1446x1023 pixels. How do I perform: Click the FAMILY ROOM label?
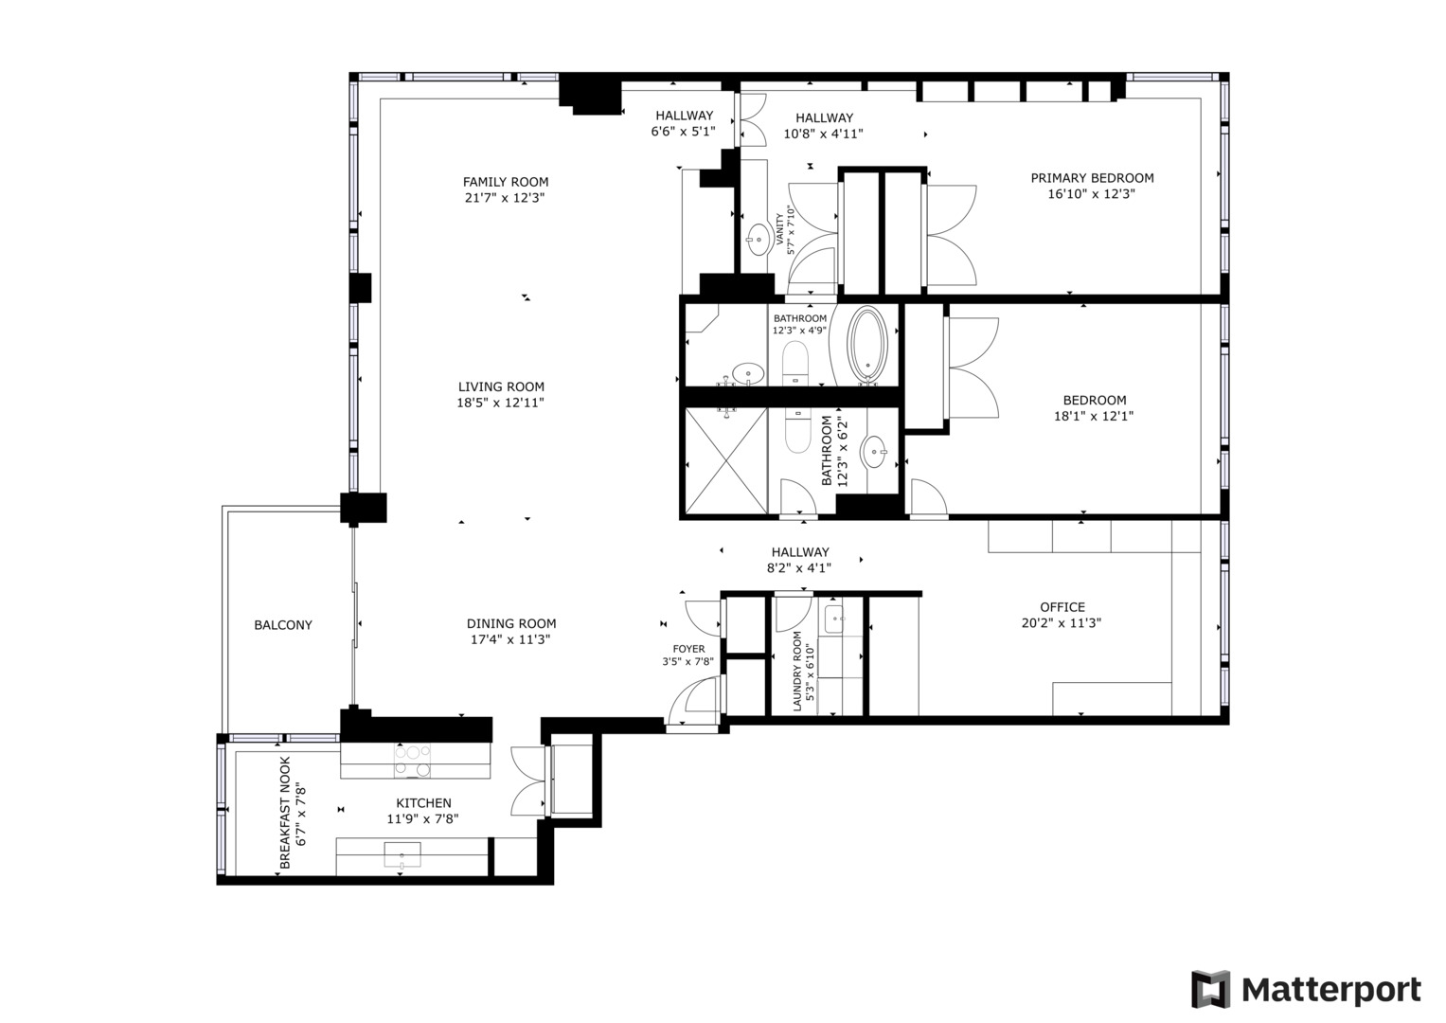click(505, 182)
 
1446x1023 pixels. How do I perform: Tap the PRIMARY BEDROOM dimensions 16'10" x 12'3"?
click(1091, 194)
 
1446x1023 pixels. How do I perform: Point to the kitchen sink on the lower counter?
click(402, 855)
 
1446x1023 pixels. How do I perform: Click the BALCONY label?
click(282, 625)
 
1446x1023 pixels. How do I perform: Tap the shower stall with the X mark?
click(725, 461)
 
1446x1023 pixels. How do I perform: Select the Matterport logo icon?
click(1210, 990)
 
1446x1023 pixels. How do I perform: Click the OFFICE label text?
click(1062, 607)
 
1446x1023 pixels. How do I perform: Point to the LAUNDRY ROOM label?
click(797, 671)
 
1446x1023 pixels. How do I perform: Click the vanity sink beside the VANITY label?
click(758, 236)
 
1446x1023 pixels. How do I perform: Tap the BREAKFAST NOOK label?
click(285, 813)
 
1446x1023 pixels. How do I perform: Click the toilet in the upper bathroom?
click(795, 363)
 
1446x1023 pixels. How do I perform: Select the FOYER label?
click(688, 649)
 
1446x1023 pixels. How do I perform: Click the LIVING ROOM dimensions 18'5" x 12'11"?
click(500, 403)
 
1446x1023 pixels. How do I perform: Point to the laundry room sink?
click(835, 619)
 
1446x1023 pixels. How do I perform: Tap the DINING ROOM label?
click(510, 623)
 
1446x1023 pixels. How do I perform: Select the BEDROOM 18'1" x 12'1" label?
click(1094, 400)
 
